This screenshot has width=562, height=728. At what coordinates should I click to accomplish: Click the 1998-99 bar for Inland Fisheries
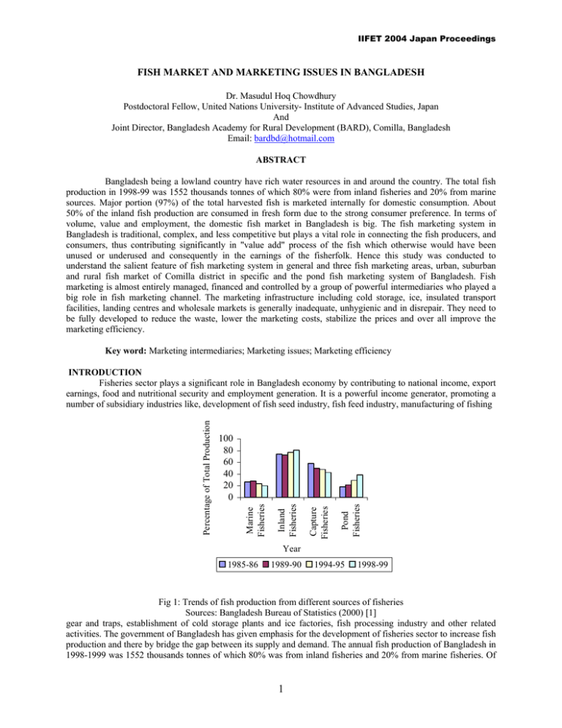click(297, 473)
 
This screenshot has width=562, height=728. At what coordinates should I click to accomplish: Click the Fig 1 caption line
click(281, 602)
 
